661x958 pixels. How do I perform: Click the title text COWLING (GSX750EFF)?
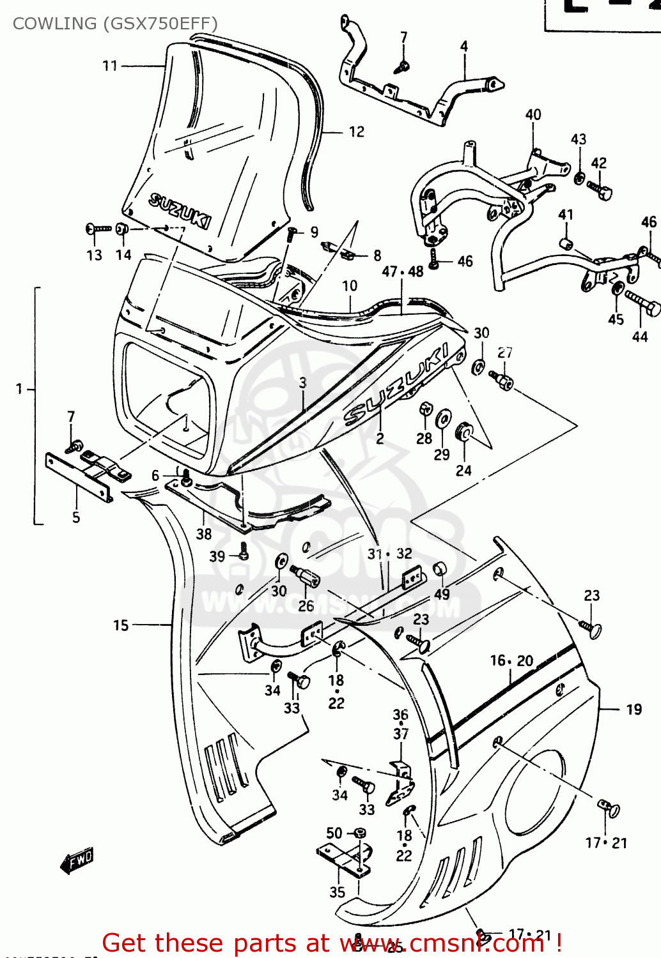[x=115, y=24]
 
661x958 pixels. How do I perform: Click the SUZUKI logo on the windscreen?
[x=179, y=210]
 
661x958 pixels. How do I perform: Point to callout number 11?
[x=110, y=65]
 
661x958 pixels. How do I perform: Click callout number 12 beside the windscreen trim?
[x=356, y=132]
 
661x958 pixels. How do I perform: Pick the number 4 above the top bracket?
[x=463, y=46]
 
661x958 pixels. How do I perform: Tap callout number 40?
[x=533, y=114]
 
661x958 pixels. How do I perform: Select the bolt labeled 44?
[x=642, y=303]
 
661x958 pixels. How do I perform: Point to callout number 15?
[x=121, y=625]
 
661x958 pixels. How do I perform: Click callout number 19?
[x=634, y=710]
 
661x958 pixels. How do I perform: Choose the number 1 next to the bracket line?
[x=19, y=388]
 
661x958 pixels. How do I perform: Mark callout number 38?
[x=203, y=533]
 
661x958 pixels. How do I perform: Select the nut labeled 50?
[x=361, y=833]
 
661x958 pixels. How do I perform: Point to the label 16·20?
[x=511, y=660]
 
